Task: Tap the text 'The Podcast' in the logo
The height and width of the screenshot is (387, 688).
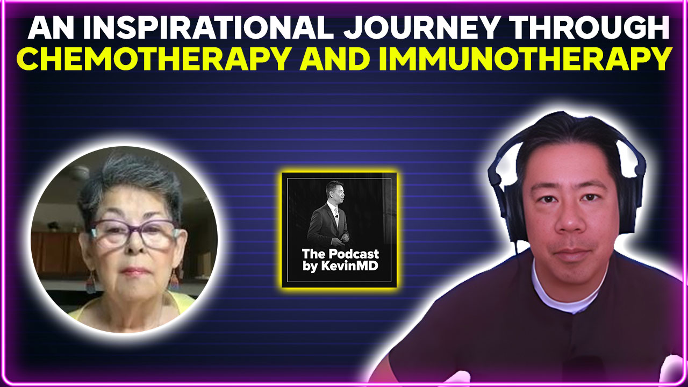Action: coord(340,254)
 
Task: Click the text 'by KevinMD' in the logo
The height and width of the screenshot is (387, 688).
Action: coord(340,267)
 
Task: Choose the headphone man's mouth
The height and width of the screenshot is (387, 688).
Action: coord(569,253)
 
